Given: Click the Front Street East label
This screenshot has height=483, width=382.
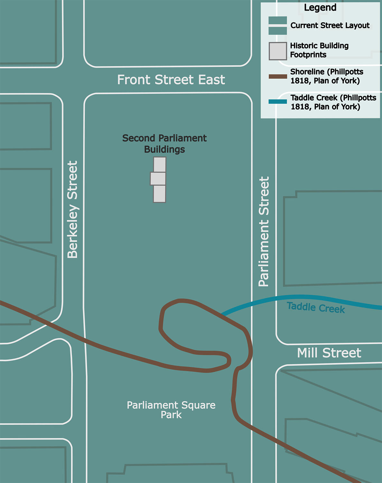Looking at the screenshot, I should (171, 80).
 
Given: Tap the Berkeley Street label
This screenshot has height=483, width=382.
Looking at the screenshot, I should (73, 210).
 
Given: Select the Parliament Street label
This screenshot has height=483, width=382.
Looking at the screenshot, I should (264, 232).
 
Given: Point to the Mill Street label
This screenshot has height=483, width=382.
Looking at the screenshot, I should (329, 353).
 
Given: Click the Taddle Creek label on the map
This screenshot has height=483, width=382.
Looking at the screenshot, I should (315, 308).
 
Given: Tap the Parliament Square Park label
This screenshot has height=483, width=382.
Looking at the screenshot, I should (171, 410).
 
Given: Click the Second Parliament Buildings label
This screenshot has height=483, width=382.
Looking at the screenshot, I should (164, 144).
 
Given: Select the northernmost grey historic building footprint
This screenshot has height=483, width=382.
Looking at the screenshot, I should (160, 165).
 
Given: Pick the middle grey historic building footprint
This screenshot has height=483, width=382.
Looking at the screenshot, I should (158, 178).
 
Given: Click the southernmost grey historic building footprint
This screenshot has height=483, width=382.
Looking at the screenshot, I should (159, 194).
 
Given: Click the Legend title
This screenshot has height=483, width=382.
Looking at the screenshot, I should (320, 8).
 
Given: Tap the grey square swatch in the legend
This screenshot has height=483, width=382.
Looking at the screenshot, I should (278, 51).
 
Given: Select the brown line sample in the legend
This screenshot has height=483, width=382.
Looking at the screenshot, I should (278, 76).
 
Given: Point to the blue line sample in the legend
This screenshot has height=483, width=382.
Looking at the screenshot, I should (278, 102).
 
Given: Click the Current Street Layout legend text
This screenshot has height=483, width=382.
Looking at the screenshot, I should (330, 25).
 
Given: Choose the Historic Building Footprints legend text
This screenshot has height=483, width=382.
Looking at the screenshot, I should (319, 50).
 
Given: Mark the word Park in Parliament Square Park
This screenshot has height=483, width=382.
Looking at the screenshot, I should (171, 415).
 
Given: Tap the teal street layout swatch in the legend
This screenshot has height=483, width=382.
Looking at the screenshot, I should (278, 25).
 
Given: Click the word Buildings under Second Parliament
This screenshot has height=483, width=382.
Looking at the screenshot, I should (164, 149).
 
